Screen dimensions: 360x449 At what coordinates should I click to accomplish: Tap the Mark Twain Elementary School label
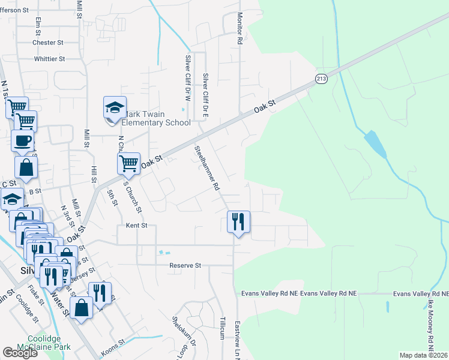[x=157, y=118]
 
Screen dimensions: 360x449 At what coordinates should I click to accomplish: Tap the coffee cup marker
[x=23, y=142]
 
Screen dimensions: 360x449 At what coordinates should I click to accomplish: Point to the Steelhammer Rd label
[x=206, y=168]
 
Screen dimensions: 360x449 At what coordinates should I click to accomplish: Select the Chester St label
[x=48, y=43]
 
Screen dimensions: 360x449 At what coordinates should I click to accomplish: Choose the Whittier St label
[x=49, y=59]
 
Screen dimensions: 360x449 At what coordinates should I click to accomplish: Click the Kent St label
[x=133, y=226]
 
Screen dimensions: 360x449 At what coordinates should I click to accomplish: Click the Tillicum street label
[x=221, y=327]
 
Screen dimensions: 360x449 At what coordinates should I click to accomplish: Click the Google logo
[x=20, y=353]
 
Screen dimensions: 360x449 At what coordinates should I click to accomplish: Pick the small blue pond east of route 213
[x=375, y=143]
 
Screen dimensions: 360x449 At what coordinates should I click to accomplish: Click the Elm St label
[x=38, y=26]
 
